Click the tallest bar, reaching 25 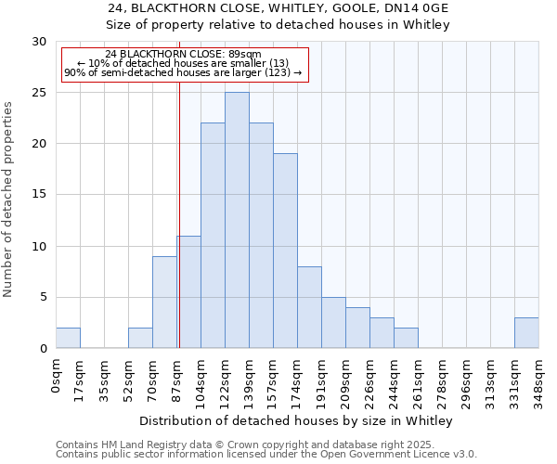(x=237, y=220)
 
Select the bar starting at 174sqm (x=309, y=307)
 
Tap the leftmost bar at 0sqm (x=68, y=338)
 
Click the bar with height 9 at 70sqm (x=164, y=302)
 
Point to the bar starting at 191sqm (x=333, y=322)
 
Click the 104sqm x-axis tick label (x=201, y=379)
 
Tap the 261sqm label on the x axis (x=419, y=379)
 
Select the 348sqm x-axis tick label (x=539, y=379)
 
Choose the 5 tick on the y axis (x=42, y=298)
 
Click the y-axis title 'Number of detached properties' (x=9, y=200)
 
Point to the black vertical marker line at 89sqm (x=178, y=213)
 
